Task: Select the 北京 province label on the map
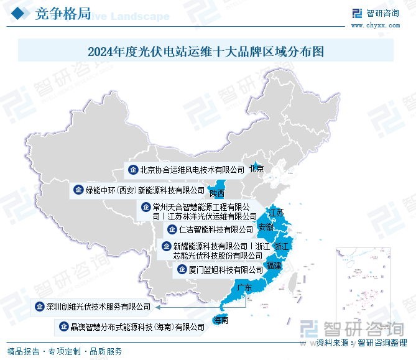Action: pos(256,169)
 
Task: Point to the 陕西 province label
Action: pos(217,193)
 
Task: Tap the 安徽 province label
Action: pos(266,227)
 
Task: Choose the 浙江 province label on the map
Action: pos(282,247)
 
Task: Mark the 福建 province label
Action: pos(274,266)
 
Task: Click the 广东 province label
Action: pos(244,288)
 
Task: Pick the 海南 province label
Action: pos(220,321)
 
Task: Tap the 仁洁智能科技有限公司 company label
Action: pos(211,229)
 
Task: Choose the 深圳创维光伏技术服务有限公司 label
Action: pos(98,307)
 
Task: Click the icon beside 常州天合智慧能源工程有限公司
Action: pos(146,207)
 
